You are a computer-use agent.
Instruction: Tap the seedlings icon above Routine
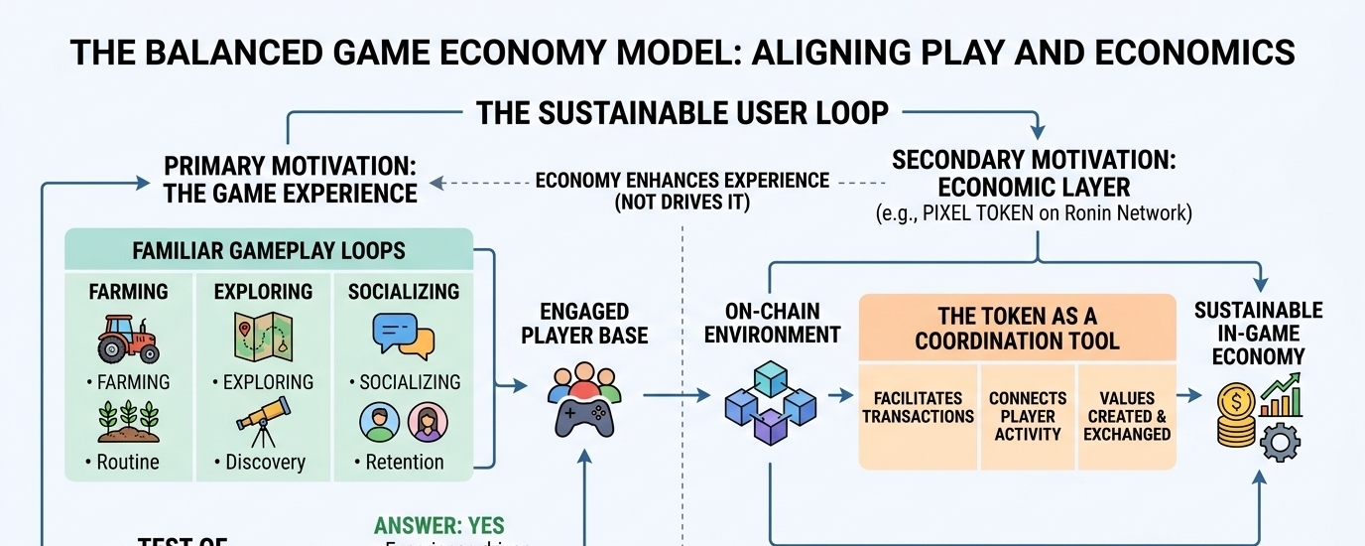click(x=128, y=421)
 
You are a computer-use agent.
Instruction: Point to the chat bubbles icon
click(x=403, y=338)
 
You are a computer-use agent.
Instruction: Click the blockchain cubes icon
click(x=770, y=402)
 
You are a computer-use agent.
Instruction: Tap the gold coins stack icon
click(x=1237, y=417)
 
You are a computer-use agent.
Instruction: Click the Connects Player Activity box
click(x=1028, y=416)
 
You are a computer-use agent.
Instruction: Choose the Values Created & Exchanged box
click(x=1127, y=416)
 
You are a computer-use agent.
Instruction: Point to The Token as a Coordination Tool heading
click(x=1017, y=329)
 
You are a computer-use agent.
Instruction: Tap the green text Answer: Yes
click(x=439, y=526)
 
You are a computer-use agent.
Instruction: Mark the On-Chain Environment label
click(x=770, y=324)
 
